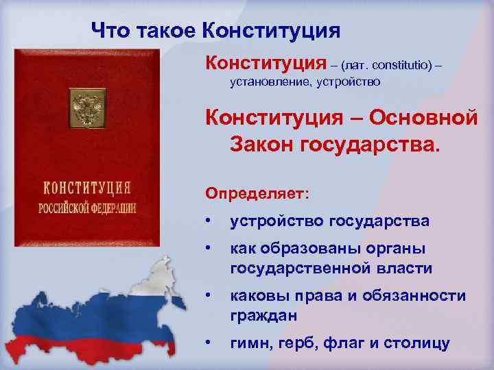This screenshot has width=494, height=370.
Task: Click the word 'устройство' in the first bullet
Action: [277, 222]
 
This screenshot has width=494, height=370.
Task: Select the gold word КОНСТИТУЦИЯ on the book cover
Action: [87, 188]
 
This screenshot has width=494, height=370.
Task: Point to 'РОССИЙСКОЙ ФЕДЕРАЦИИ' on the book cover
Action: [87, 208]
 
